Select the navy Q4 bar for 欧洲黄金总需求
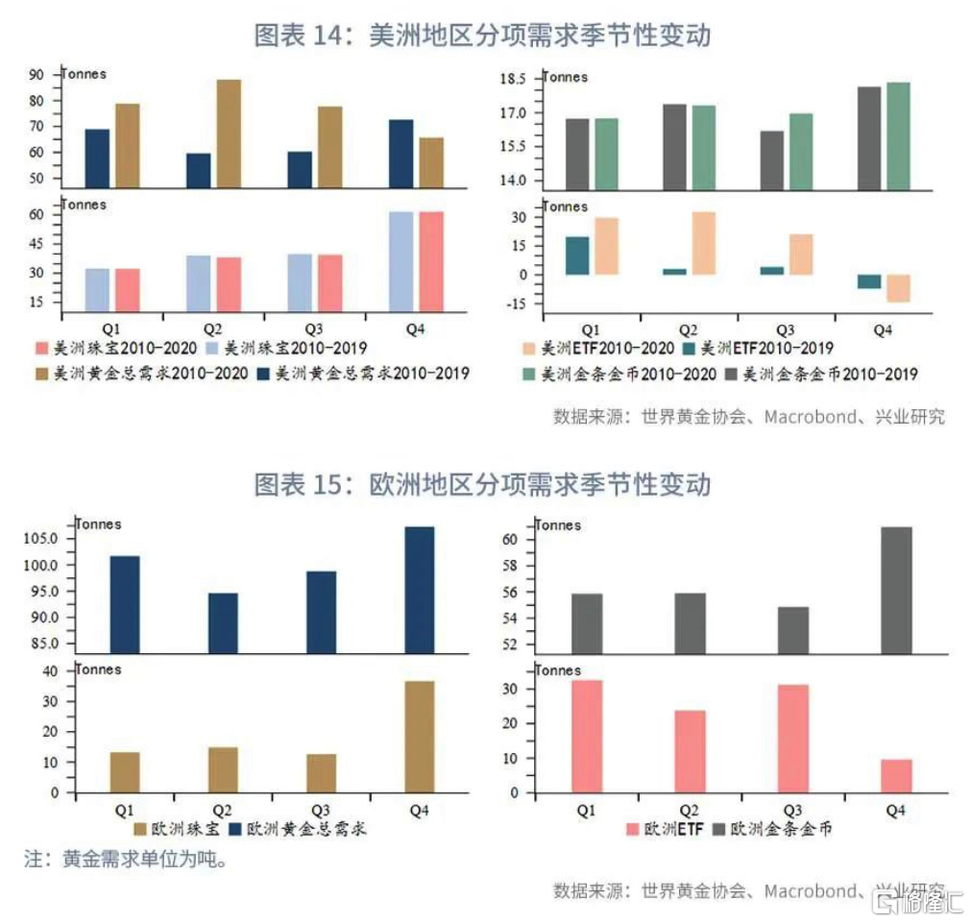click(420, 588)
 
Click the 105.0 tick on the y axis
click(35, 538)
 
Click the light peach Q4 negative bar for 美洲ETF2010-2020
click(898, 288)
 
